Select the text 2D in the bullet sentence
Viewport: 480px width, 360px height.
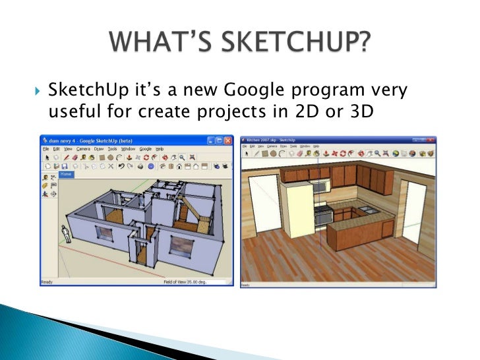pyautogui.click(x=304, y=113)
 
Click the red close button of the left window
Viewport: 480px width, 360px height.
pyautogui.click(x=228, y=140)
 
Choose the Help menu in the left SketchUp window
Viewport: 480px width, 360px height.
pyautogui.click(x=159, y=150)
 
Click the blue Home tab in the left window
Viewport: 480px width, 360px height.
pyautogui.click(x=66, y=174)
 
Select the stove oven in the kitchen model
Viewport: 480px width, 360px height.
pyautogui.click(x=324, y=214)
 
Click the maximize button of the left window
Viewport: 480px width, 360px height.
pyautogui.click(x=219, y=140)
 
